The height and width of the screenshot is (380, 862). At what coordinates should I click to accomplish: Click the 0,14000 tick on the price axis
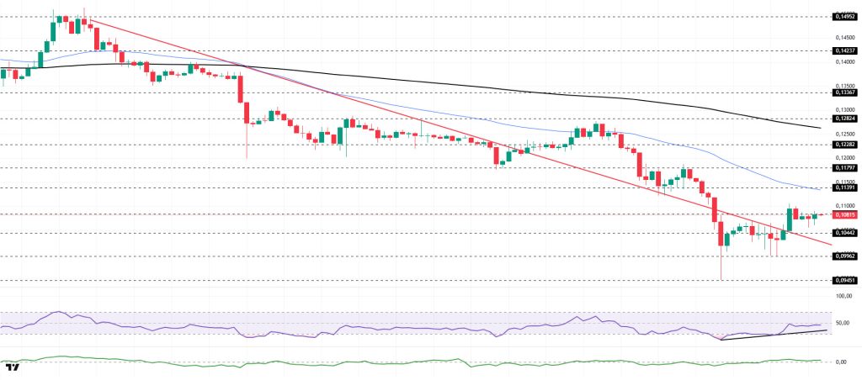pyautogui.click(x=843, y=61)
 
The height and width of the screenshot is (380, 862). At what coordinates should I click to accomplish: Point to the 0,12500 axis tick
pyautogui.click(x=843, y=134)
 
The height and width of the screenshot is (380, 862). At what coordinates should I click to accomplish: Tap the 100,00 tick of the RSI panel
pyautogui.click(x=843, y=296)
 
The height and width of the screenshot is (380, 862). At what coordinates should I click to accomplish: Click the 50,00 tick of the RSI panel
pyautogui.click(x=843, y=323)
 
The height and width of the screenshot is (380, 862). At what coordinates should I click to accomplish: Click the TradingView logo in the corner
pyautogui.click(x=12, y=368)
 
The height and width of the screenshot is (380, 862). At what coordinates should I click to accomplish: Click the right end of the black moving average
pyautogui.click(x=821, y=128)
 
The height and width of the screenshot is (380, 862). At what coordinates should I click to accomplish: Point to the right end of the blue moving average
pyautogui.click(x=821, y=190)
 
